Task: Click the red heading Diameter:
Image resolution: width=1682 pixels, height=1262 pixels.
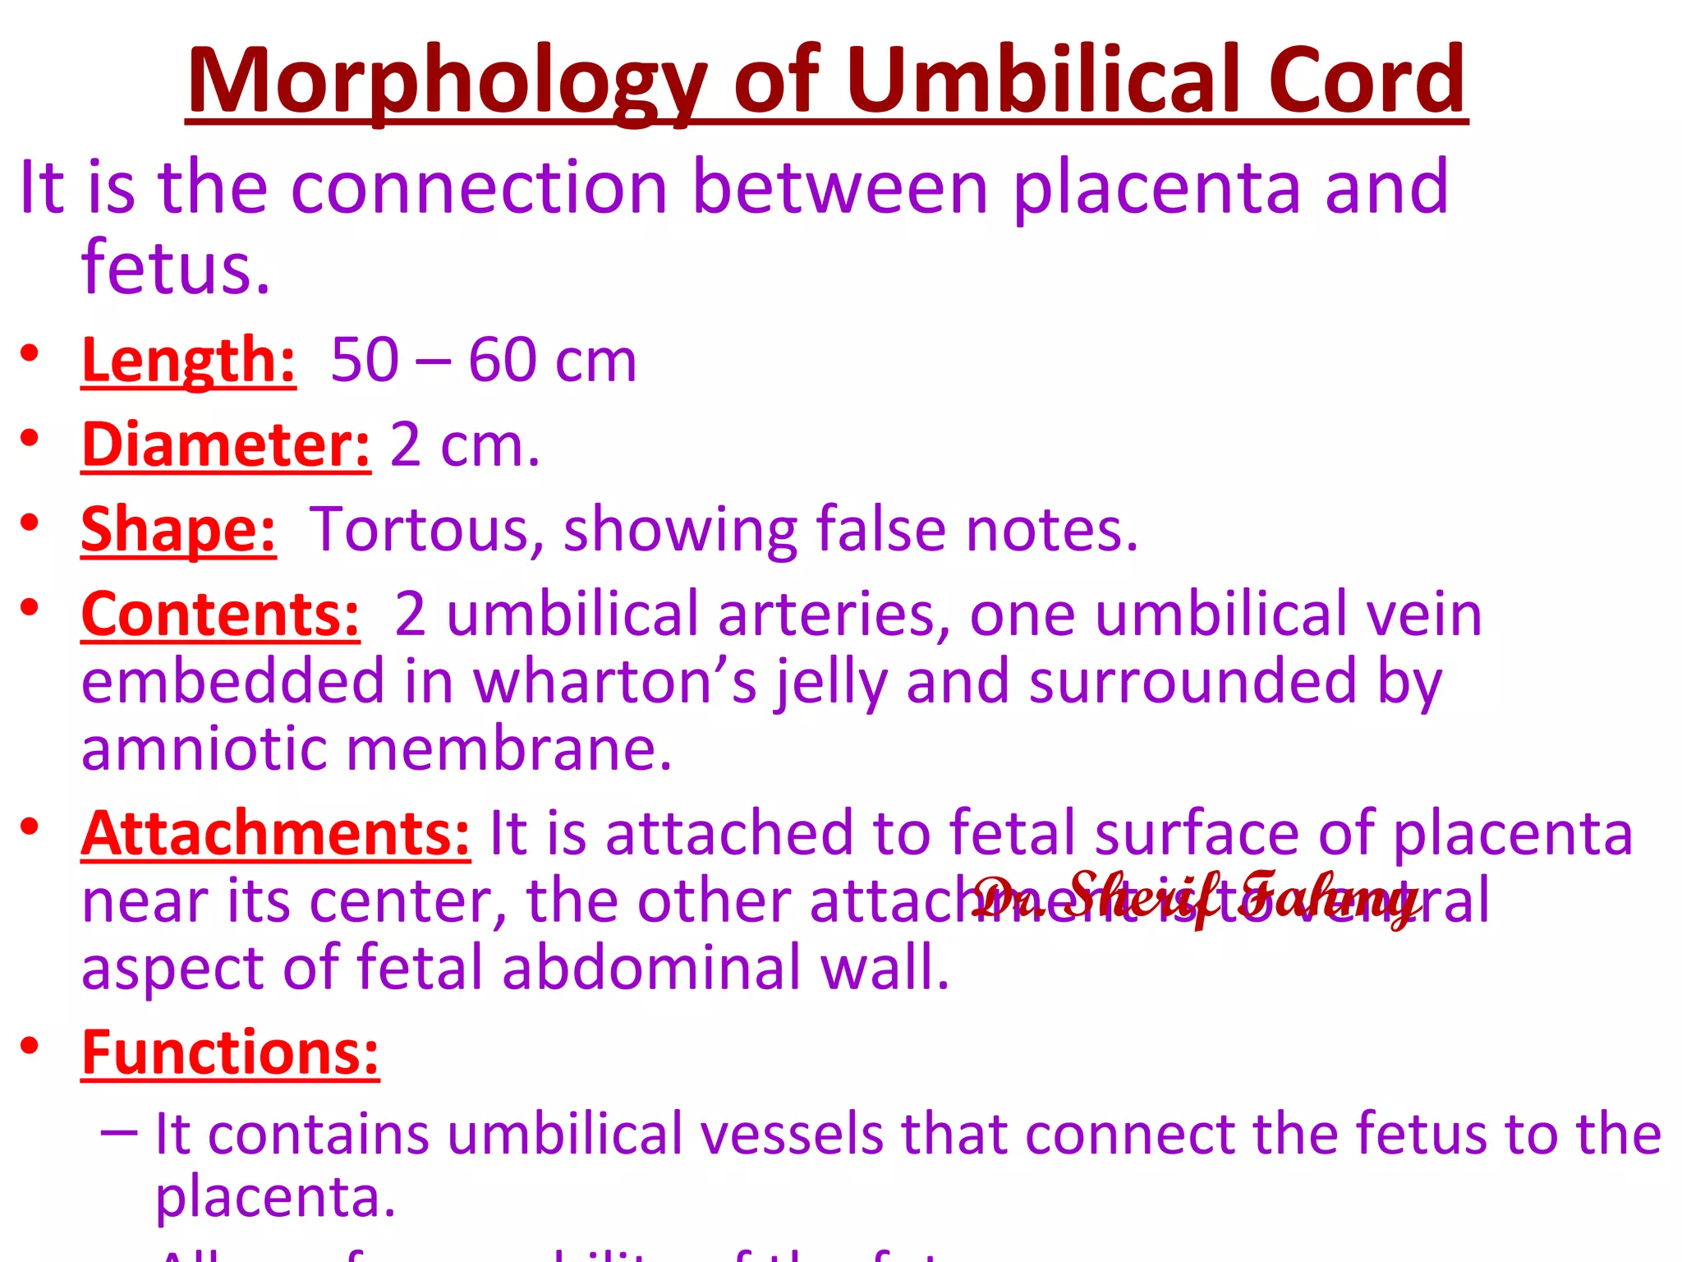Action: (226, 444)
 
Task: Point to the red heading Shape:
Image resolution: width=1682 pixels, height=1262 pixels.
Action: (178, 529)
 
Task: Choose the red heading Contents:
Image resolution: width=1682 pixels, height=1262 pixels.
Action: (220, 614)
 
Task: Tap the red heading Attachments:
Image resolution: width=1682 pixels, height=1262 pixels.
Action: (276, 833)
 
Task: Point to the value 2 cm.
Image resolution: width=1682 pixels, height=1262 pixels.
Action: (464, 444)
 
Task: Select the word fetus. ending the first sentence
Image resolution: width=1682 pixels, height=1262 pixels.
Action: (176, 268)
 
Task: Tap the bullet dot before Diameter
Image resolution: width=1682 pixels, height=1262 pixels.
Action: (30, 438)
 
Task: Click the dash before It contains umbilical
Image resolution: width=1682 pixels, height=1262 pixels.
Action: (119, 1132)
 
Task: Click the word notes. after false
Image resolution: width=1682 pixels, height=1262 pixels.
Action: (1051, 529)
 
